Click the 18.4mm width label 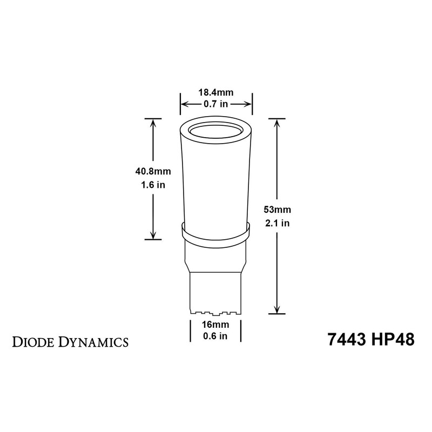[x=215, y=93]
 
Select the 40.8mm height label [x=153, y=173]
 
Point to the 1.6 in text [x=153, y=185]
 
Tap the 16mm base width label [x=215, y=325]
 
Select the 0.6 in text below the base [x=215, y=336]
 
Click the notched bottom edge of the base [x=215, y=312]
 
